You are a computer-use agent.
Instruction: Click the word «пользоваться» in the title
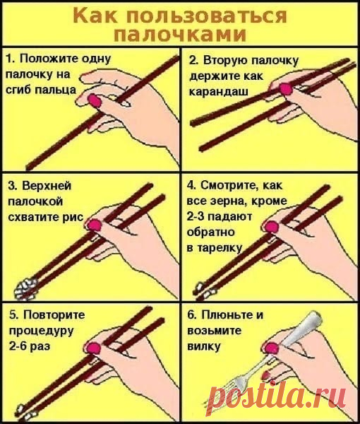pyautogui.click(x=206, y=16)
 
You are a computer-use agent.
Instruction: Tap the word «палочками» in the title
pyautogui.click(x=180, y=35)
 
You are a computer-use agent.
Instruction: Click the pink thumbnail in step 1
pyautogui.click(x=95, y=100)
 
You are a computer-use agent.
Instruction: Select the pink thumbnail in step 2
pyautogui.click(x=286, y=89)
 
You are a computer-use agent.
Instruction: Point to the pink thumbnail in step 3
pyautogui.click(x=95, y=225)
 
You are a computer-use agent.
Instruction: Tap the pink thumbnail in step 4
pyautogui.click(x=272, y=227)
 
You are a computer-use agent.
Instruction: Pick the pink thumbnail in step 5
pyautogui.click(x=93, y=348)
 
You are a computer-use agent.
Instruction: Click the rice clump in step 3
pyautogui.click(x=25, y=288)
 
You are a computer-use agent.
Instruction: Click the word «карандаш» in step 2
pyautogui.click(x=219, y=92)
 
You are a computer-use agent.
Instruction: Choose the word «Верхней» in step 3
pyautogui.click(x=47, y=186)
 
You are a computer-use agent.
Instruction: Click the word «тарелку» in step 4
pyautogui.click(x=220, y=248)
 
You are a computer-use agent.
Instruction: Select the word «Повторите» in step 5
pyautogui.click(x=54, y=314)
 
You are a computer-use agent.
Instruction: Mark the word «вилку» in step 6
pyautogui.click(x=204, y=346)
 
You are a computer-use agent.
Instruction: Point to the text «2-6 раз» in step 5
pyautogui.click(x=30, y=346)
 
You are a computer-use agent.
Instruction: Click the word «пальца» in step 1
pyautogui.click(x=56, y=90)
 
